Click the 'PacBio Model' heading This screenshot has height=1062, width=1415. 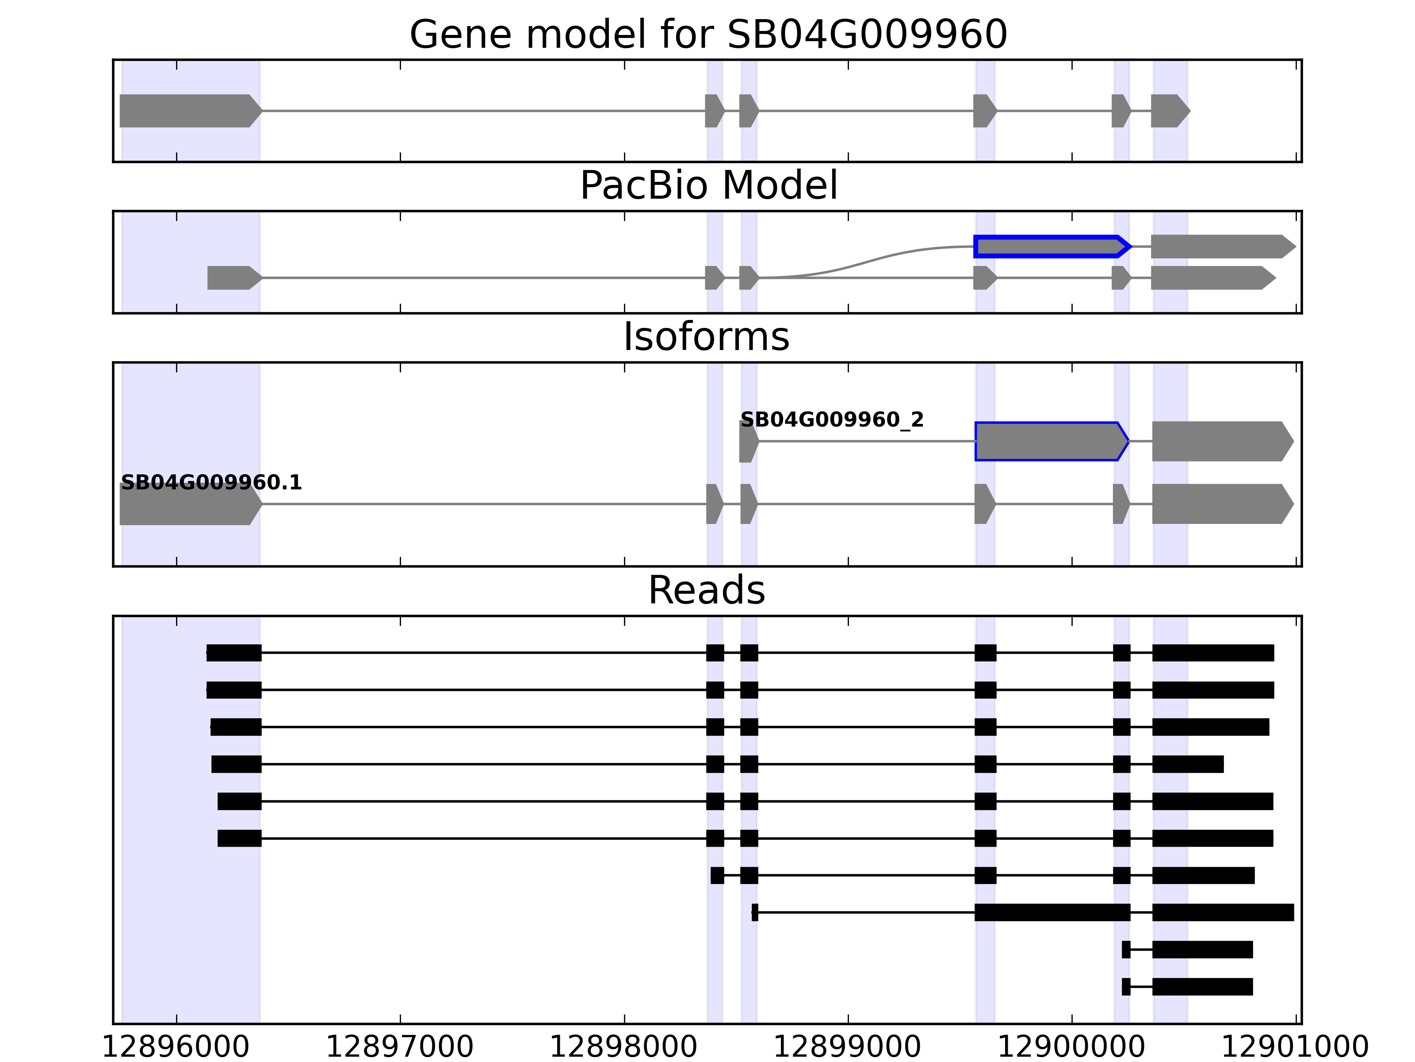(x=708, y=186)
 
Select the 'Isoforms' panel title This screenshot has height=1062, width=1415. (x=706, y=337)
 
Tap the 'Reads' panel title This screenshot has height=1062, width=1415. (x=706, y=590)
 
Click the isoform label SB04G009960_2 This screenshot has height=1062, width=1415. (x=832, y=420)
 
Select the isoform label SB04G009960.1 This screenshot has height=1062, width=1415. (x=211, y=483)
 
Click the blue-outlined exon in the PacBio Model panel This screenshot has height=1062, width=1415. (x=1049, y=246)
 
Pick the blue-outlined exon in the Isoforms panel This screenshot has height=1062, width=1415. (x=1049, y=441)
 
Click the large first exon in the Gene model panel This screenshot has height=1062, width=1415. (x=189, y=111)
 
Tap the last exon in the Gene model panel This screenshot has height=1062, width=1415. (x=1169, y=111)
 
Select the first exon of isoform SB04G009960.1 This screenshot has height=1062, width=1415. (x=189, y=504)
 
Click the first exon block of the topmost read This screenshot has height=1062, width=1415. (x=233, y=653)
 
